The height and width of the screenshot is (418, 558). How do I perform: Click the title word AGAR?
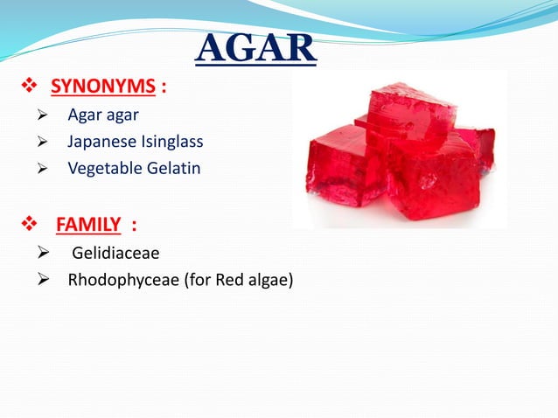click(255, 48)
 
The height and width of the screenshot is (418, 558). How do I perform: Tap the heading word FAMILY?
click(88, 225)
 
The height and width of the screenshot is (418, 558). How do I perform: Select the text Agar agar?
click(103, 115)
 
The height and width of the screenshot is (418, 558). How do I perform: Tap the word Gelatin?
click(173, 167)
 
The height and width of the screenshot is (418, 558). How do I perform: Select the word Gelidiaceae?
click(115, 254)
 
